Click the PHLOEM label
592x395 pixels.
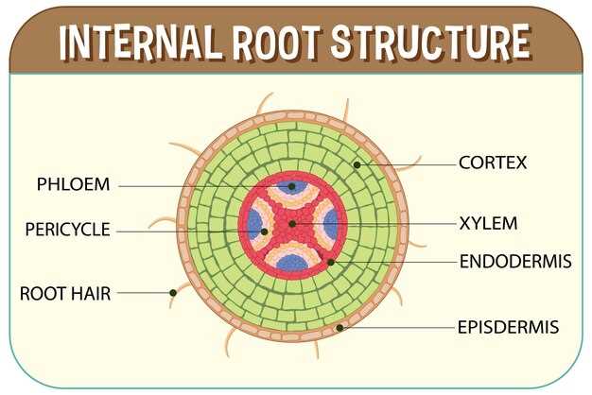(73, 184)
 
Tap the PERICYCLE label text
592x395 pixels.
(67, 230)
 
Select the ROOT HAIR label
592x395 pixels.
(65, 294)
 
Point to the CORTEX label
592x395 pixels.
(493, 163)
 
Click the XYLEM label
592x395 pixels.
(488, 223)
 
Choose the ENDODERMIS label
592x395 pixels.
(515, 261)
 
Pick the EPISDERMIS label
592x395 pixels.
(508, 327)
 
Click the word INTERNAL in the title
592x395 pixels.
(139, 42)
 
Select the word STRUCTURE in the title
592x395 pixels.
(431, 41)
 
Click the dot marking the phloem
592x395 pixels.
(291, 186)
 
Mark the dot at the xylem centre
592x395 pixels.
(292, 224)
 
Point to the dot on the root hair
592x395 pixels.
(173, 293)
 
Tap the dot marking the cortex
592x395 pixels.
(357, 164)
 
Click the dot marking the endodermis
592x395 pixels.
(331, 262)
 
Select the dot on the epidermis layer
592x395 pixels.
(340, 328)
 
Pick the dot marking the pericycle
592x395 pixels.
(264, 232)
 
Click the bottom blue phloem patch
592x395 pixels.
(292, 263)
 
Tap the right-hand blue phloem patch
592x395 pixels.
(331, 224)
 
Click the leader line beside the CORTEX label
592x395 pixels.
(407, 164)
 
